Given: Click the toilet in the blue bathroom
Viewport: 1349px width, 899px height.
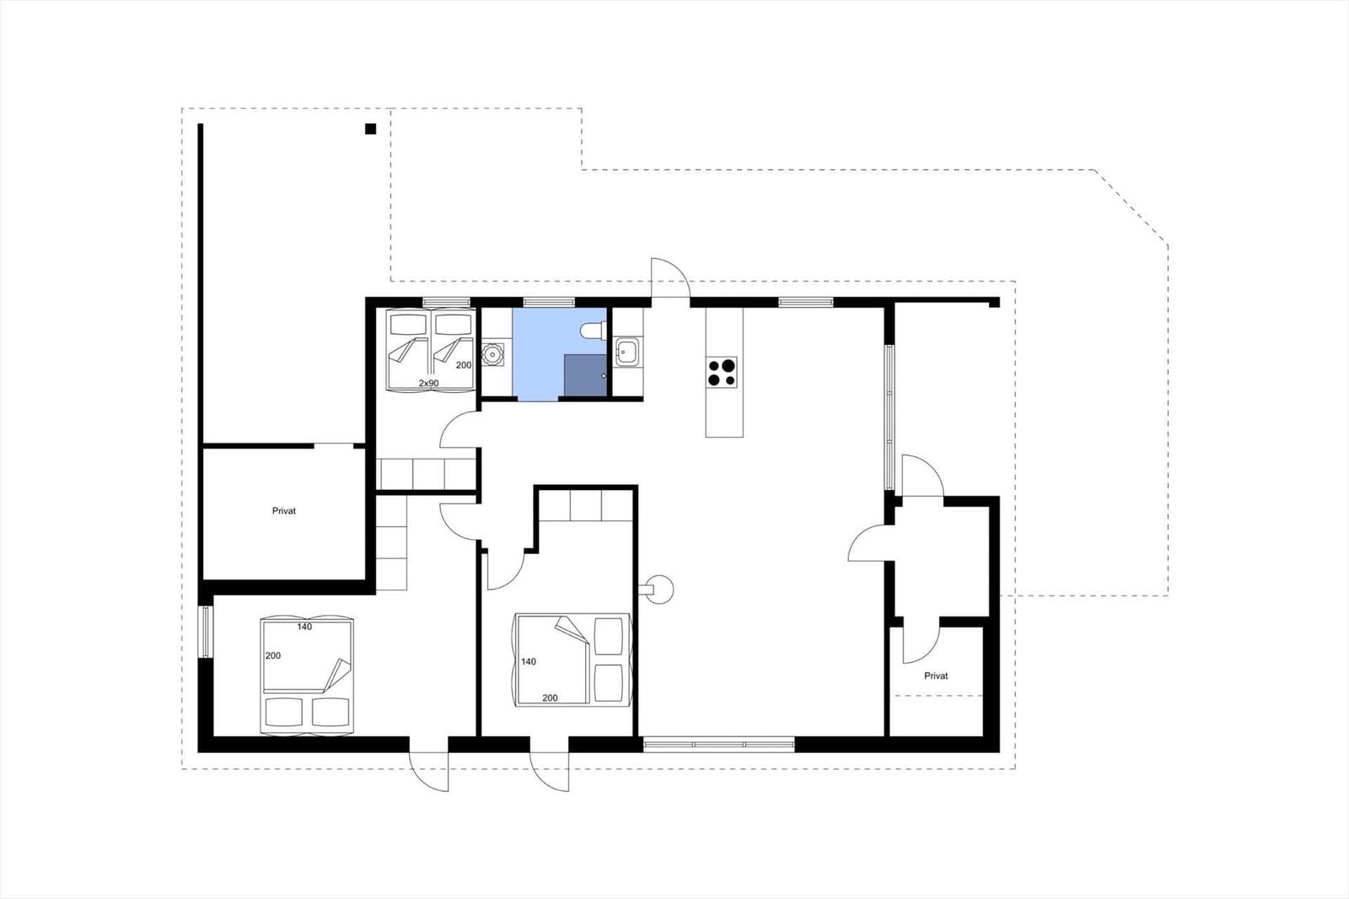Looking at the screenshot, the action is pos(594,331).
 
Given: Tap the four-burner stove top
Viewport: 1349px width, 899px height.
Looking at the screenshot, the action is pos(722,372).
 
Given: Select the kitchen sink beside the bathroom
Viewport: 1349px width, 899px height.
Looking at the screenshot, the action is pos(627,352).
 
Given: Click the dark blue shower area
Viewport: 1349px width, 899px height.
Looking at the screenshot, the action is pos(585,375).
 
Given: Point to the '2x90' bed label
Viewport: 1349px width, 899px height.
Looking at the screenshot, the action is pos(429,383).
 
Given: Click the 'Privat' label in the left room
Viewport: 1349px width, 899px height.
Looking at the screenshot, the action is pos(283,511).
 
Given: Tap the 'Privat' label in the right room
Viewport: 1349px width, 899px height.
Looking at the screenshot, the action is pos(936,676).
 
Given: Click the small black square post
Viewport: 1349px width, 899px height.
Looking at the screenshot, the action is pos(370,128).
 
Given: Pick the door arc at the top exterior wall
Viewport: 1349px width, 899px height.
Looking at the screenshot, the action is pos(670,277).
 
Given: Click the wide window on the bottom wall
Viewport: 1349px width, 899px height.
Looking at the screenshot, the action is pos(718,745).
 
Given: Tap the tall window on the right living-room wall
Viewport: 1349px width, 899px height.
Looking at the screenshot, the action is pos(889,417).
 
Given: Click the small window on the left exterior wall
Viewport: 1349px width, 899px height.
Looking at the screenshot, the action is pos(206,632).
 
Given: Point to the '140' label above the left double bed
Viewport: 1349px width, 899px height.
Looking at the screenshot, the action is pos(304,627).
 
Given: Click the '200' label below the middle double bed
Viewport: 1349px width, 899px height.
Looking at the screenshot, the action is pos(550,697).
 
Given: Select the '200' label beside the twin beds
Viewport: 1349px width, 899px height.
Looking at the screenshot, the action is pos(464,365).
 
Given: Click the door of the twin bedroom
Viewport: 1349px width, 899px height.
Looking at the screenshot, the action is pos(460,429).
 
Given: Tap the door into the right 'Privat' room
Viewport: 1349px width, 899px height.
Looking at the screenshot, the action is pos(922,640).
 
